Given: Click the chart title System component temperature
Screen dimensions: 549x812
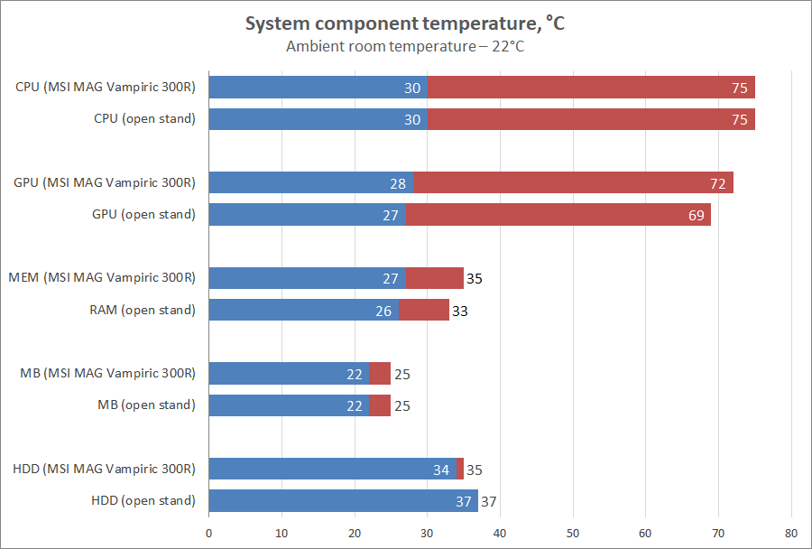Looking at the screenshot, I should tap(405, 24).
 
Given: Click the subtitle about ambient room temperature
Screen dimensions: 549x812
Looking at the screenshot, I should tap(405, 46).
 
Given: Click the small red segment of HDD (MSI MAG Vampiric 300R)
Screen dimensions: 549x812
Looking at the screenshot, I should tap(460, 470).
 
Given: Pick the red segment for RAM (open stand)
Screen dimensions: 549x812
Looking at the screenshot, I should tap(423, 311).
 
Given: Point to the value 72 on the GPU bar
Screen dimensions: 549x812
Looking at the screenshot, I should tap(718, 184).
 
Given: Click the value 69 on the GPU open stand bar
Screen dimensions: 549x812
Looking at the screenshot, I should tap(697, 216).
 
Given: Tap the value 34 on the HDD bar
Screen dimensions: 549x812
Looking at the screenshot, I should tap(441, 470).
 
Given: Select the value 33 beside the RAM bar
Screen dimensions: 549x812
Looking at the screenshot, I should tap(460, 312).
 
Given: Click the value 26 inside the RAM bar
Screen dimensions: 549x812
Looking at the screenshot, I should tap(383, 312).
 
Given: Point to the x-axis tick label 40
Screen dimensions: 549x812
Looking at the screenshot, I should tap(501, 532).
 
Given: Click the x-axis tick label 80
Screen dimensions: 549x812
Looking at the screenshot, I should tap(791, 532).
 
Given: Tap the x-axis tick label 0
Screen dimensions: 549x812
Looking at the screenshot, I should tap(209, 532).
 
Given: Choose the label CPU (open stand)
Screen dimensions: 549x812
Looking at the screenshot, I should tap(144, 118).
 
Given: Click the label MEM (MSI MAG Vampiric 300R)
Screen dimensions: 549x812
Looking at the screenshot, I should tap(101, 277).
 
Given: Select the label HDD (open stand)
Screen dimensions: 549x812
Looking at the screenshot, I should tap(143, 500).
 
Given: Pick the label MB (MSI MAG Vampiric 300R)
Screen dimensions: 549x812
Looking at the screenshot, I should tap(107, 373).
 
